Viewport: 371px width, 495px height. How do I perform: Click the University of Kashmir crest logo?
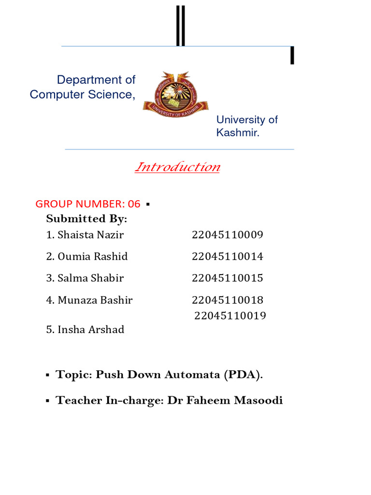175,92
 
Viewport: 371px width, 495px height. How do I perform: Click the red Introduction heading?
177,167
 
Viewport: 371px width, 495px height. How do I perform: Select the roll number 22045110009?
227,235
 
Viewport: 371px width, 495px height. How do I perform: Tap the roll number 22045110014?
227,257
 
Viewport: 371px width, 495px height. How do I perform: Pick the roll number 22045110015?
227,278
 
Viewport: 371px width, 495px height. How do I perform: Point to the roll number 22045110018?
227,300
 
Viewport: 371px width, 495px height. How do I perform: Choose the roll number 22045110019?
230,316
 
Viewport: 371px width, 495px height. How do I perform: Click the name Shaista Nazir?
90,235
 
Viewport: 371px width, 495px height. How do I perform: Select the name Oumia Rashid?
92,257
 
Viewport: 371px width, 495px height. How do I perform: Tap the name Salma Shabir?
90,278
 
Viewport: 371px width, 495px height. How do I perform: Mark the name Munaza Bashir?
95,300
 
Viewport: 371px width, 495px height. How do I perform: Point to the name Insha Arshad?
91,330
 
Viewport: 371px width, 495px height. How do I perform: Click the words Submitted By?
86,219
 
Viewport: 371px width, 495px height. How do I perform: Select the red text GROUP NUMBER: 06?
88,204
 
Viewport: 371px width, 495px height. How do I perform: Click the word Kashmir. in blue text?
238,132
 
